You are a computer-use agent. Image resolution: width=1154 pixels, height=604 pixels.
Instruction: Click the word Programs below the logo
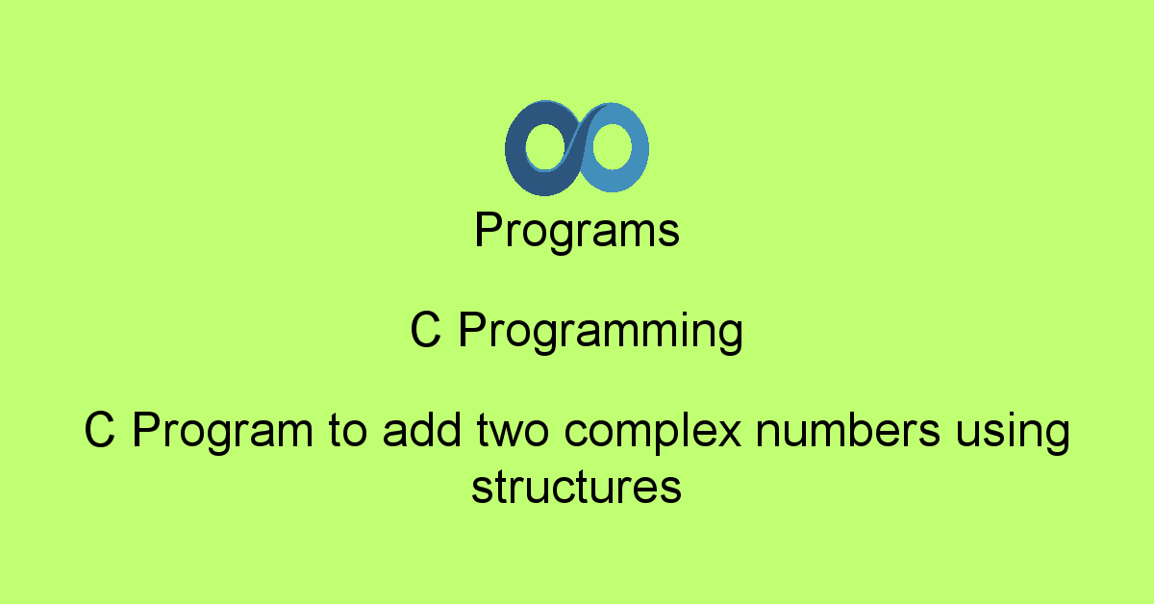pos(577,232)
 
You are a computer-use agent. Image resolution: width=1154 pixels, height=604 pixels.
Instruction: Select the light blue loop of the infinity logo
pos(640,148)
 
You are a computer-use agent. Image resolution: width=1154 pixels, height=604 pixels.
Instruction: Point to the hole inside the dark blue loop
pos(547,147)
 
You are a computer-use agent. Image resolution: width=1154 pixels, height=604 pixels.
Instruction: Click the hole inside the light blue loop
pos(612,146)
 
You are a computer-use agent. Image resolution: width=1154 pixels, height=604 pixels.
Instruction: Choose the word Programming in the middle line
pos(601,332)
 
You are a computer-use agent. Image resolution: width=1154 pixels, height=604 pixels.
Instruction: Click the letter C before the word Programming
pos(425,329)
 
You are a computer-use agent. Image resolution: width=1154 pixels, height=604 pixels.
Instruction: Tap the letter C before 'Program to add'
pos(99,430)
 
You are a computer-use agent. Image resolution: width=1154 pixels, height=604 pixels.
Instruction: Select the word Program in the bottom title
pos(222,433)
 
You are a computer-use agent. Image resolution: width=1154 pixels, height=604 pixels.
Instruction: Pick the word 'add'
pos(422,429)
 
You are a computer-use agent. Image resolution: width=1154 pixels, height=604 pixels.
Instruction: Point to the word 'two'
pos(513,431)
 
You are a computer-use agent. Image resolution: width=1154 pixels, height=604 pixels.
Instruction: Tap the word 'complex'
pos(653,433)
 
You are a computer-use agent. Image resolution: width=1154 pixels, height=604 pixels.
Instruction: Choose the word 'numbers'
pos(848,429)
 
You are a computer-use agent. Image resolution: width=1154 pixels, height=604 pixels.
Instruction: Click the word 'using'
pos(1013,433)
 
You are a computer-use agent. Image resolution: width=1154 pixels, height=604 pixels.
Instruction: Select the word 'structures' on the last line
pos(576,487)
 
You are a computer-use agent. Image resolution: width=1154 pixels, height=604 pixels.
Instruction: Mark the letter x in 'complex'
pos(727,434)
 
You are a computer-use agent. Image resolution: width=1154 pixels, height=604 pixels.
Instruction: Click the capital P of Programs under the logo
pos(489,230)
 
